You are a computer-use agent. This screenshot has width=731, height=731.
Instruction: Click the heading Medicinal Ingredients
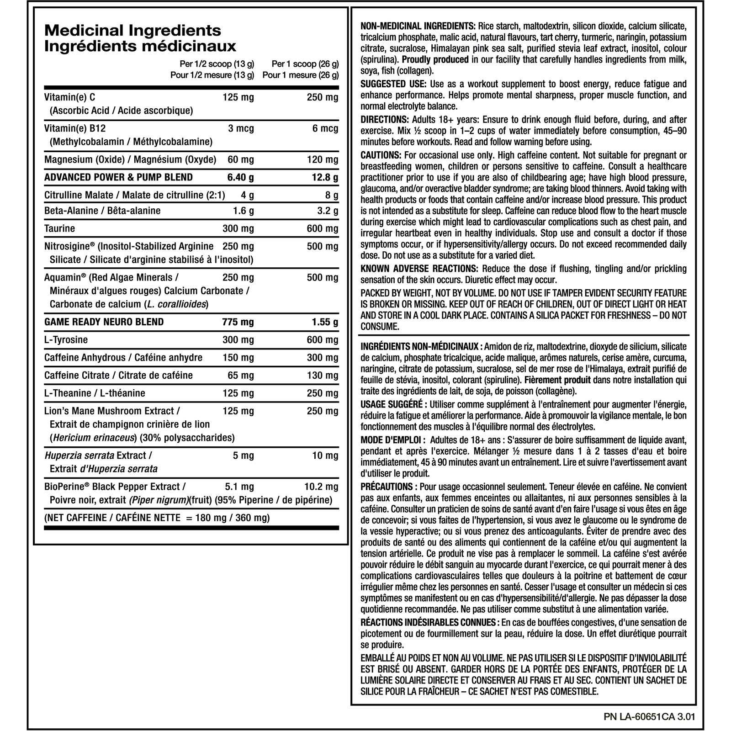(x=132, y=31)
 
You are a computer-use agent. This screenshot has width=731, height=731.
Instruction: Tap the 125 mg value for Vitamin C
(x=238, y=97)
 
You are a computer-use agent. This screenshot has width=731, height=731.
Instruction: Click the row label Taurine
(x=59, y=228)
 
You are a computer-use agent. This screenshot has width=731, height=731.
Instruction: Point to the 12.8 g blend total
(x=325, y=177)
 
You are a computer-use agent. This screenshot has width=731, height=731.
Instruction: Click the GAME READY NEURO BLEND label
(x=104, y=322)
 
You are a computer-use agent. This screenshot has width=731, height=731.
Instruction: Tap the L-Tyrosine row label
(x=66, y=340)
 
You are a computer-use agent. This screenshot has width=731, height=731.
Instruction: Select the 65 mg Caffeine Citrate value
(x=241, y=376)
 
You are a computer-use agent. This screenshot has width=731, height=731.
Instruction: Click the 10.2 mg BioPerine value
(x=321, y=487)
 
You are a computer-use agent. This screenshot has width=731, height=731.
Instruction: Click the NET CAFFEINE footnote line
(x=157, y=518)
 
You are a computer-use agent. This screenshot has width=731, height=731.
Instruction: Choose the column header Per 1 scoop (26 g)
(x=305, y=64)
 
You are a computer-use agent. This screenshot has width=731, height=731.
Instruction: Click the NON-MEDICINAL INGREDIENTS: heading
(x=418, y=26)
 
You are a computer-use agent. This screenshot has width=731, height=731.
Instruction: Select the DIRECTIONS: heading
(x=385, y=120)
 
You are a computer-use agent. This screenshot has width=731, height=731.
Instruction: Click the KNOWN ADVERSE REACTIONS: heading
(x=419, y=269)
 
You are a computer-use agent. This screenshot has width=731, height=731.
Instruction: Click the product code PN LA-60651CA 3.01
(x=649, y=716)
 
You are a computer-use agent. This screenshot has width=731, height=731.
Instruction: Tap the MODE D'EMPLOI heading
(x=392, y=440)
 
